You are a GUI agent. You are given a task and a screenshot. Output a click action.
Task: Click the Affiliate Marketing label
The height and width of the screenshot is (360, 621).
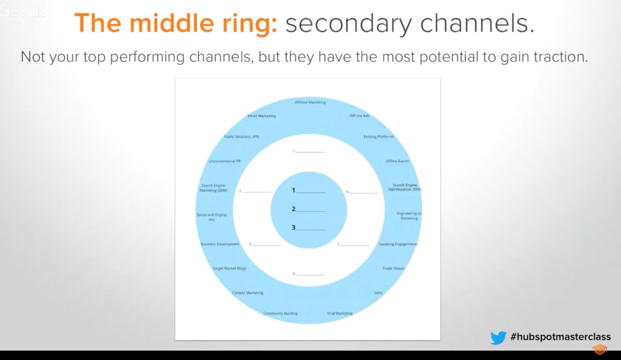pyautogui.click(x=310, y=102)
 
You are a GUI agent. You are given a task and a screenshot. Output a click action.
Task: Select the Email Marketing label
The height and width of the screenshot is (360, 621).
pyautogui.click(x=261, y=116)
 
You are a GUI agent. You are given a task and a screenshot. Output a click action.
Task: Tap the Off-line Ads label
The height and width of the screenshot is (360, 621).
pyautogui.click(x=359, y=116)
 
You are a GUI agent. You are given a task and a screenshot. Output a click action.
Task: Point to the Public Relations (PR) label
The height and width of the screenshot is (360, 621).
pyautogui.click(x=241, y=137)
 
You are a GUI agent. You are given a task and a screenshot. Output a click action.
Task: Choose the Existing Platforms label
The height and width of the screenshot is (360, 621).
pyautogui.click(x=379, y=137)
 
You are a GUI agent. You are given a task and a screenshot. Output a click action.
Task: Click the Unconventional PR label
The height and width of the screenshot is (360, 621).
pyautogui.click(x=225, y=161)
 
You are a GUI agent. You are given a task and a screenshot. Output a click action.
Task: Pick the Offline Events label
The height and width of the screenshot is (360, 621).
pyautogui.click(x=397, y=161)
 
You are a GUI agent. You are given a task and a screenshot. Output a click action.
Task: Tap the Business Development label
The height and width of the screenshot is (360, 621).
pyautogui.click(x=220, y=244)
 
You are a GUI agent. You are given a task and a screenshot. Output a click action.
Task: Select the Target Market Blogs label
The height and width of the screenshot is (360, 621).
pyautogui.click(x=229, y=268)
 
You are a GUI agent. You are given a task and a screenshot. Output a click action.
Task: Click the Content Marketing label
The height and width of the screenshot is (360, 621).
pyautogui.click(x=247, y=293)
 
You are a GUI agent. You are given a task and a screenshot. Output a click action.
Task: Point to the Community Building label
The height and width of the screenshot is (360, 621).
pyautogui.click(x=280, y=313)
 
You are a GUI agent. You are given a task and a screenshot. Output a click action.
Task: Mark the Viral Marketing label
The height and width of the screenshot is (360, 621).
pyautogui.click(x=339, y=313)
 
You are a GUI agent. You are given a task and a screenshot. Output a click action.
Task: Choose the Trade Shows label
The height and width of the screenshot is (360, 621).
pyautogui.click(x=393, y=268)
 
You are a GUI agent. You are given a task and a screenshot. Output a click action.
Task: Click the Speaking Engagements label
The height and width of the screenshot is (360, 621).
pyautogui.click(x=398, y=244)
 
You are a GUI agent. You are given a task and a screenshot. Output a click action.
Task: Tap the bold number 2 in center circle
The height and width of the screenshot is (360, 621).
pyautogui.click(x=293, y=209)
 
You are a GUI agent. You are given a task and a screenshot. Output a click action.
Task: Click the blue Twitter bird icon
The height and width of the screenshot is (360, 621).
pyautogui.click(x=498, y=337)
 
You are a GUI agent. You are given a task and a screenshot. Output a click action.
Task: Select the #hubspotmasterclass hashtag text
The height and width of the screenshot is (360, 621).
pyautogui.click(x=560, y=337)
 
